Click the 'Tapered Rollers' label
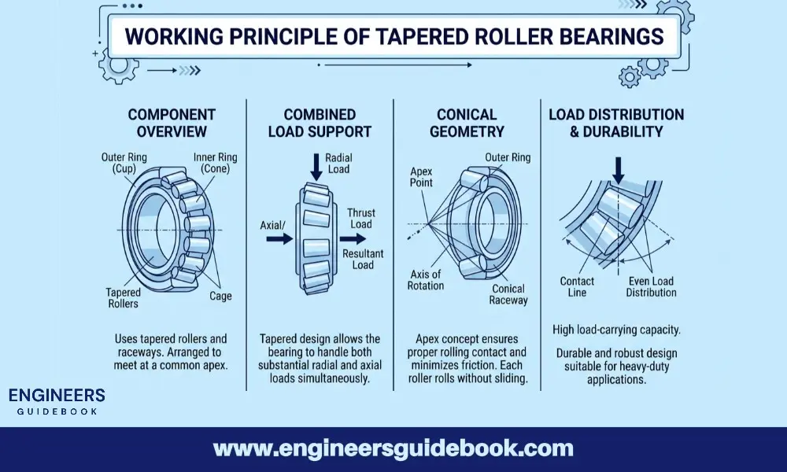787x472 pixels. [x=123, y=297]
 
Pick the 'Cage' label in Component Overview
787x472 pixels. [x=220, y=297]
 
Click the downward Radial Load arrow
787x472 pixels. [x=316, y=166]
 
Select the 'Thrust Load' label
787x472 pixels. [x=361, y=219]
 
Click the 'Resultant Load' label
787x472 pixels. [x=363, y=260]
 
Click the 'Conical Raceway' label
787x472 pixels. [x=508, y=294]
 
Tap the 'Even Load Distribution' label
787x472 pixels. [x=651, y=287]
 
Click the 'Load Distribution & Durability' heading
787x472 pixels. [x=616, y=123]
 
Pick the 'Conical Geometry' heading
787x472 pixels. [x=467, y=123]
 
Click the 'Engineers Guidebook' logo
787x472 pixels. [x=55, y=400]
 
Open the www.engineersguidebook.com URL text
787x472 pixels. [x=393, y=449]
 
